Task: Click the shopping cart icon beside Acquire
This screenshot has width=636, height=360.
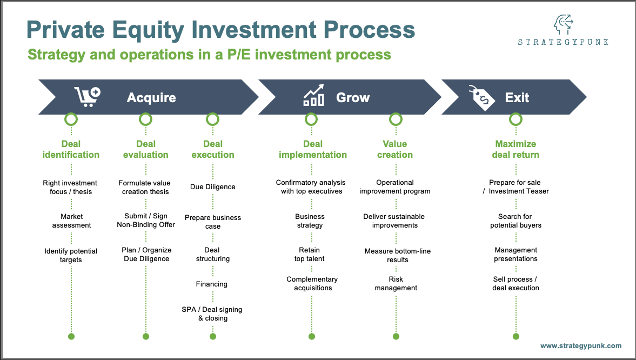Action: pos(88,97)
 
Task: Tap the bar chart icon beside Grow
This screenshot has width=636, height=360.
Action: pos(313,96)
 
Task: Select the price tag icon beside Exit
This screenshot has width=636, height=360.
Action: pos(481,98)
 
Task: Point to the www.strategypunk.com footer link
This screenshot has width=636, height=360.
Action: pos(581,346)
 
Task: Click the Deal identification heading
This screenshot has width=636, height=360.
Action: pos(71,149)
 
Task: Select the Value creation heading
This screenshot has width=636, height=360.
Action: pos(395,149)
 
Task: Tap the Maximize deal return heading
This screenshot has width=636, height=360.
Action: pos(516,149)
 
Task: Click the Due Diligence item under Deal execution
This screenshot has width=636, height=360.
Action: pos(212,187)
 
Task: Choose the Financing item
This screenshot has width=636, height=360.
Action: pos(212,284)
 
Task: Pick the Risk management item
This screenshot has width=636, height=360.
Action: pos(396,284)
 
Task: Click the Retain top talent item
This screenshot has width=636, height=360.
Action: pos(310,255)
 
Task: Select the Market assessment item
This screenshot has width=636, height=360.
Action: pos(71,221)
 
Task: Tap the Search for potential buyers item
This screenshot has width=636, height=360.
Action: pos(516,221)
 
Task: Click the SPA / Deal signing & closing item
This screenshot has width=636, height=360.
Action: pos(212,314)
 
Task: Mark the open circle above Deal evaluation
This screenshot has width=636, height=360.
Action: pos(146,119)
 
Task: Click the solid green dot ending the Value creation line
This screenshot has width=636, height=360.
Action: pos(396,336)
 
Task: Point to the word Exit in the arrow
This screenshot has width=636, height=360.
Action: pos(517,98)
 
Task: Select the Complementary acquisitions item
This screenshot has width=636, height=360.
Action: pos(312,284)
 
